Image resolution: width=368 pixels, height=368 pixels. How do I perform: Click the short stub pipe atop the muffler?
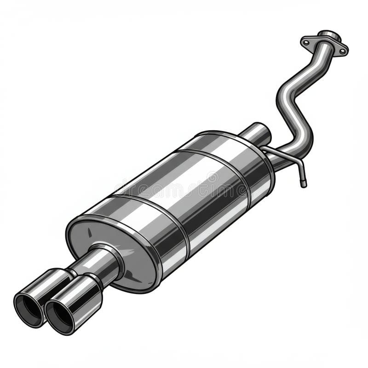coord(256,133)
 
